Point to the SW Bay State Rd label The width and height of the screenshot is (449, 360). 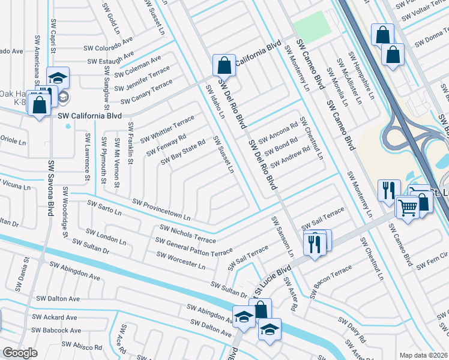point(183,152)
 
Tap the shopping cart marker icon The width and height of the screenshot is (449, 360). point(408,208)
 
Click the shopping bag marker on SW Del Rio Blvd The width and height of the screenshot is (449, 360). point(224,65)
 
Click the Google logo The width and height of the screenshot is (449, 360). point(20,353)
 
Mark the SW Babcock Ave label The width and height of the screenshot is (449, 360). point(56,331)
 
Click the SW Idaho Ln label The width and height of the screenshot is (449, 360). point(215,101)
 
